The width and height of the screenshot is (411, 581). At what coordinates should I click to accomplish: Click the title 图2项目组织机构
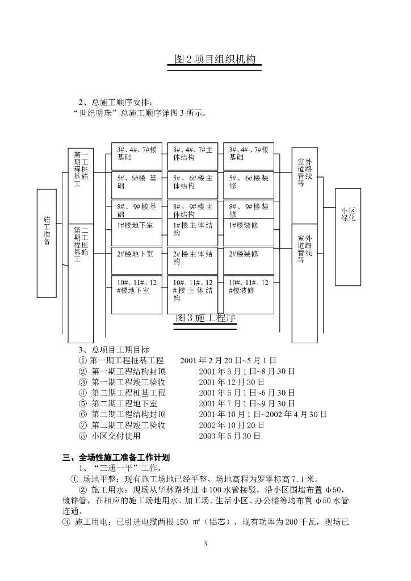[x=214, y=60]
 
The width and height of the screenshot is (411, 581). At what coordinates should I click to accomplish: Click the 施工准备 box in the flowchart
[x=47, y=243]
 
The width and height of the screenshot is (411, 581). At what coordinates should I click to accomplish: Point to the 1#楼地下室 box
[x=136, y=231]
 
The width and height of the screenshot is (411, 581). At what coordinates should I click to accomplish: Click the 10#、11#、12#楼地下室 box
[x=136, y=294]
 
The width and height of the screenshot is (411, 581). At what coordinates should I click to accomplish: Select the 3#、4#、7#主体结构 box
[x=192, y=155]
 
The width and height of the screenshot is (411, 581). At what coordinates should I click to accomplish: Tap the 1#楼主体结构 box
[x=192, y=231]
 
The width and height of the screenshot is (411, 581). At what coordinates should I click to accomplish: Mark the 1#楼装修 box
[x=248, y=231]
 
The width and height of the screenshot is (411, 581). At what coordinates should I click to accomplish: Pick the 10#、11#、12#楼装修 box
[x=248, y=294]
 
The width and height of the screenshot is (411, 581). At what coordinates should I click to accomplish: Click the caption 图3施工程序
[x=205, y=319]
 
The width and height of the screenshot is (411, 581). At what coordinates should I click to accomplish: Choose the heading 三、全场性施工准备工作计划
[x=112, y=457]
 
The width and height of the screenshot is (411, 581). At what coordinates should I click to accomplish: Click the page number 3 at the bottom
[x=205, y=544]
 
